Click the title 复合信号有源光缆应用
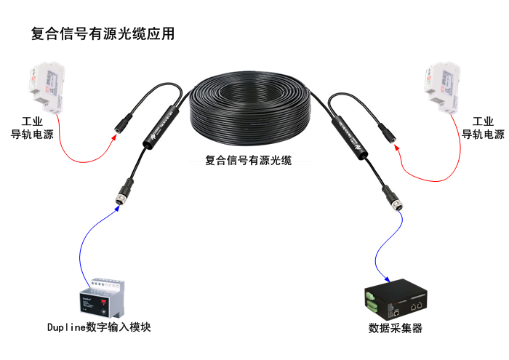(103, 33)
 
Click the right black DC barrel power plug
(388, 132)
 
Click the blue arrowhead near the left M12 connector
(116, 209)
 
